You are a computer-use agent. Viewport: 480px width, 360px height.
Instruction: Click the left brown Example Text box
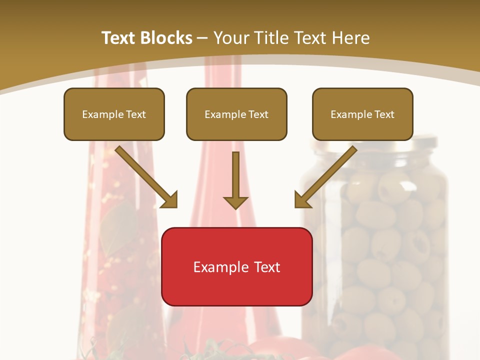point(114,114)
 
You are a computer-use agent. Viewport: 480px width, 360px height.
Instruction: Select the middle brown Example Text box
point(236,114)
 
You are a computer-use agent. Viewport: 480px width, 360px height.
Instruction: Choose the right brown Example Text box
point(362,114)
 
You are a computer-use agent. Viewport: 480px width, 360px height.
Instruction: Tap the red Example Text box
point(237,266)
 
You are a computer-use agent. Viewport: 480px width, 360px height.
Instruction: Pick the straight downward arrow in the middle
point(235,175)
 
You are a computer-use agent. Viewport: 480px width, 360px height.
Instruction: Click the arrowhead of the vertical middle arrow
point(235,201)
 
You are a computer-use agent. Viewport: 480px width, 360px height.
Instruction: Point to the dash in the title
point(202,38)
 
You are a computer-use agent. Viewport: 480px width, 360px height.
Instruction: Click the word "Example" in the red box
point(218,267)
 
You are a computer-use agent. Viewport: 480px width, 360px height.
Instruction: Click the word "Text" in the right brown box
point(384,114)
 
